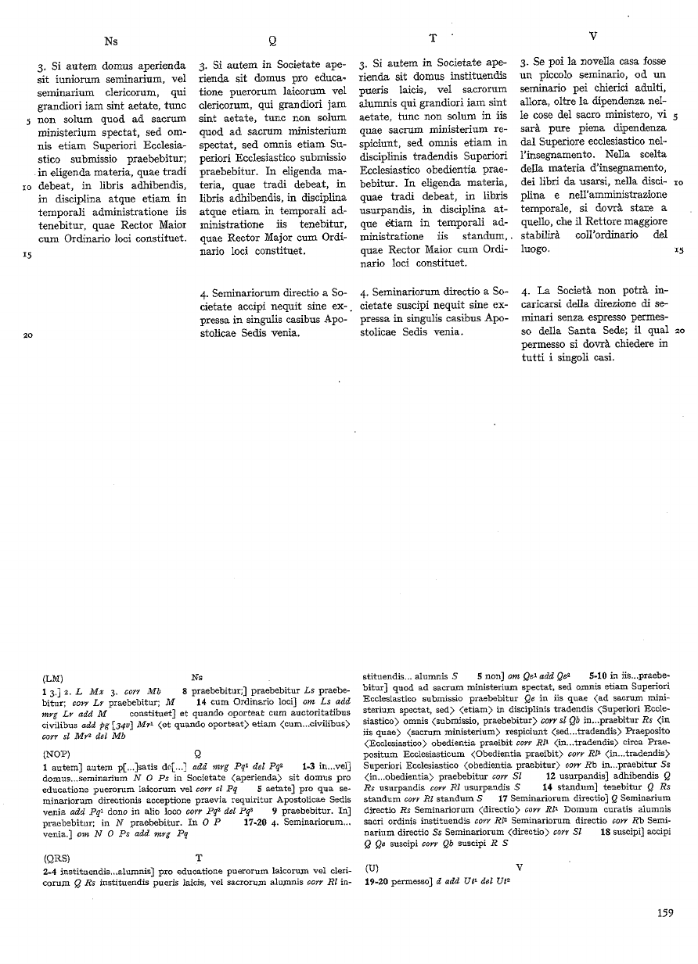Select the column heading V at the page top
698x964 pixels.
click(592, 37)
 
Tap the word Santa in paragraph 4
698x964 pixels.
click(597, 331)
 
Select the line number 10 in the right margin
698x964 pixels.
click(678, 181)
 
